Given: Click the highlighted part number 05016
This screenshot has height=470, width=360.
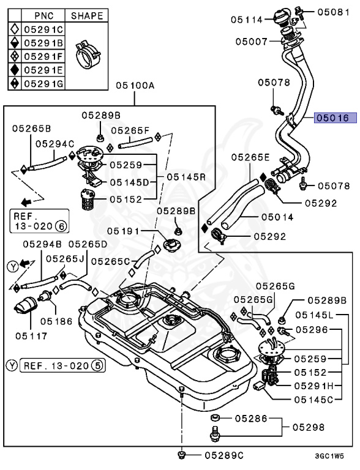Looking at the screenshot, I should coord(331,117).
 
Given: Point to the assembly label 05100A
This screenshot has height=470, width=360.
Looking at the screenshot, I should coord(135,86).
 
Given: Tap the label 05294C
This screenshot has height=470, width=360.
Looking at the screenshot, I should coord(54,143).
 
